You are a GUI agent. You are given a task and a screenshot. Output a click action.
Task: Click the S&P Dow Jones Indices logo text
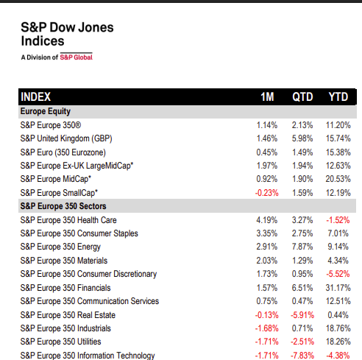[x=66, y=35]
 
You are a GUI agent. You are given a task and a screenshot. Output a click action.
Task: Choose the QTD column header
[x=303, y=96]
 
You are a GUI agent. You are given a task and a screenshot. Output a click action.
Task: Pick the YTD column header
[x=338, y=96]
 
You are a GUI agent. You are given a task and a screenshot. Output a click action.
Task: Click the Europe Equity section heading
[x=45, y=111]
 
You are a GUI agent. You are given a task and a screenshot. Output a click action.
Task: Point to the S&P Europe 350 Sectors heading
[x=67, y=206]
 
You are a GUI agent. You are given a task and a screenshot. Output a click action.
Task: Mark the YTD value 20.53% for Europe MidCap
[x=338, y=179]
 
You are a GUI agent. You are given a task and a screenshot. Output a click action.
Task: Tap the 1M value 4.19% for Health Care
[x=266, y=220]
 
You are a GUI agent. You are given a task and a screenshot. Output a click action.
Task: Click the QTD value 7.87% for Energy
[x=302, y=247]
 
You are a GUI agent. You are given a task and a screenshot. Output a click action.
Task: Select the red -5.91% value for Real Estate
[x=302, y=315]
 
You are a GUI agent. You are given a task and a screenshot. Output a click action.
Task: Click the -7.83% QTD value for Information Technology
[x=302, y=356]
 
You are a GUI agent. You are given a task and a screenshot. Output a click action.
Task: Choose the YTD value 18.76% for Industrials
[x=338, y=328]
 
